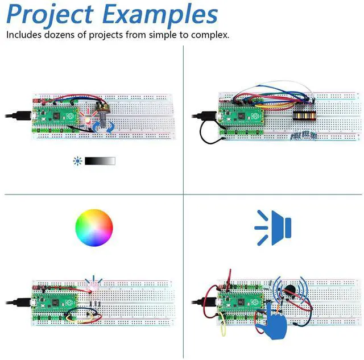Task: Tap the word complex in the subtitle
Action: (210, 35)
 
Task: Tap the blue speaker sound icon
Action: (273, 227)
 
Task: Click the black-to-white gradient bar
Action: (100, 161)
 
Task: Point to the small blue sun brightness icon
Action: (78, 161)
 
